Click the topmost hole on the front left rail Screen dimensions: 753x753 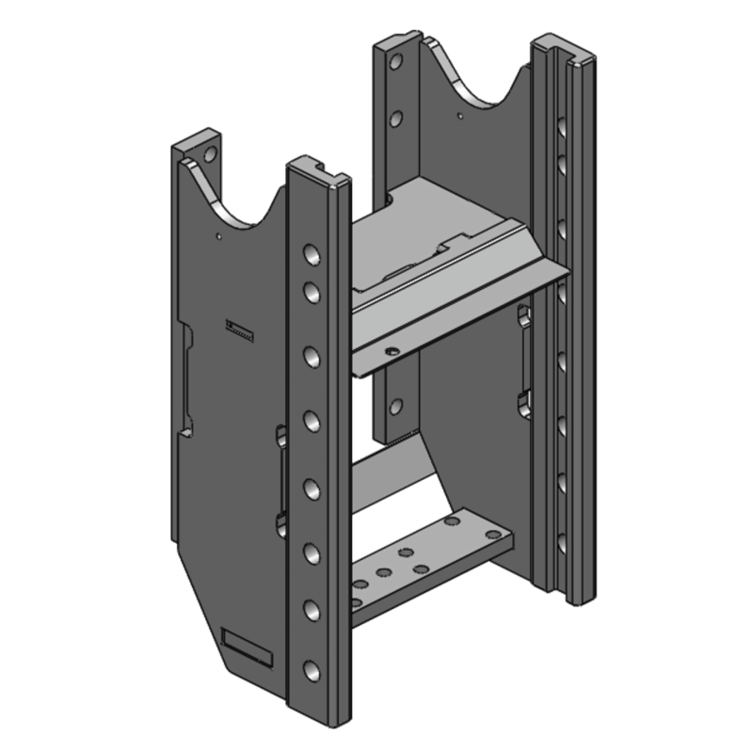coord(310,256)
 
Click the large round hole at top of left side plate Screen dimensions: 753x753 coord(210,151)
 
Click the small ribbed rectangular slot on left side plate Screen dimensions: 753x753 coord(239,328)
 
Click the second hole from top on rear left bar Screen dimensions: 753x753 coord(396,119)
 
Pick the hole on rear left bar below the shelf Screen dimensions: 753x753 coord(396,407)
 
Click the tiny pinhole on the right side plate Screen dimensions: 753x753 coord(458,116)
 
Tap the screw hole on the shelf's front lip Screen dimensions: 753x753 coord(393,350)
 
